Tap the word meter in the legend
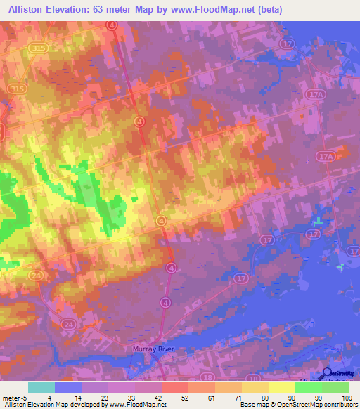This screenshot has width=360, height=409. [12, 397]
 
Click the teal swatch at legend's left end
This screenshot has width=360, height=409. [41, 387]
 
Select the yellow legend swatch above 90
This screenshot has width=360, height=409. [281, 387]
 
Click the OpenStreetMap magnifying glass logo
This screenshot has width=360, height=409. [327, 375]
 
